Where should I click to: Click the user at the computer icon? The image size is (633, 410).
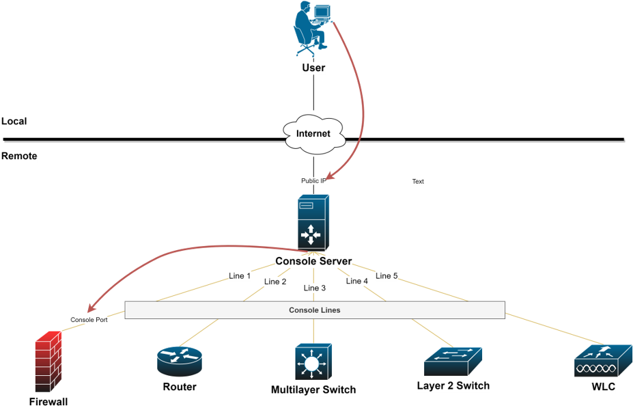313,29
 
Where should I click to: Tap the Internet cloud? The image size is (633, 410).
313,133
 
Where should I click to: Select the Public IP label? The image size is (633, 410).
314,181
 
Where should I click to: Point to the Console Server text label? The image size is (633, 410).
313,261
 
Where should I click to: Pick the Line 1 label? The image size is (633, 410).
240,276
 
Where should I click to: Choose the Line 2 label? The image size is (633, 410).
275,282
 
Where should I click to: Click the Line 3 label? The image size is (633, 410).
315,288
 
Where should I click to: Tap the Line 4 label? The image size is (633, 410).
357,281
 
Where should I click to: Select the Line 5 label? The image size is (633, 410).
386,276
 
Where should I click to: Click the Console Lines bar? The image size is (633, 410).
314,310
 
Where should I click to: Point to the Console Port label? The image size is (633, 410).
89,320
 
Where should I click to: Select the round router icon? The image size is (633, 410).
179,361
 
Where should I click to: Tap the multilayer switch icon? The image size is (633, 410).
313,362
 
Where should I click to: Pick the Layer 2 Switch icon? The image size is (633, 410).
453,361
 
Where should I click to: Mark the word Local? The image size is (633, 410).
14,122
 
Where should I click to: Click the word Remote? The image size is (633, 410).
19,156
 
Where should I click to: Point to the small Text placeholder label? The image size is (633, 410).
418,182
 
